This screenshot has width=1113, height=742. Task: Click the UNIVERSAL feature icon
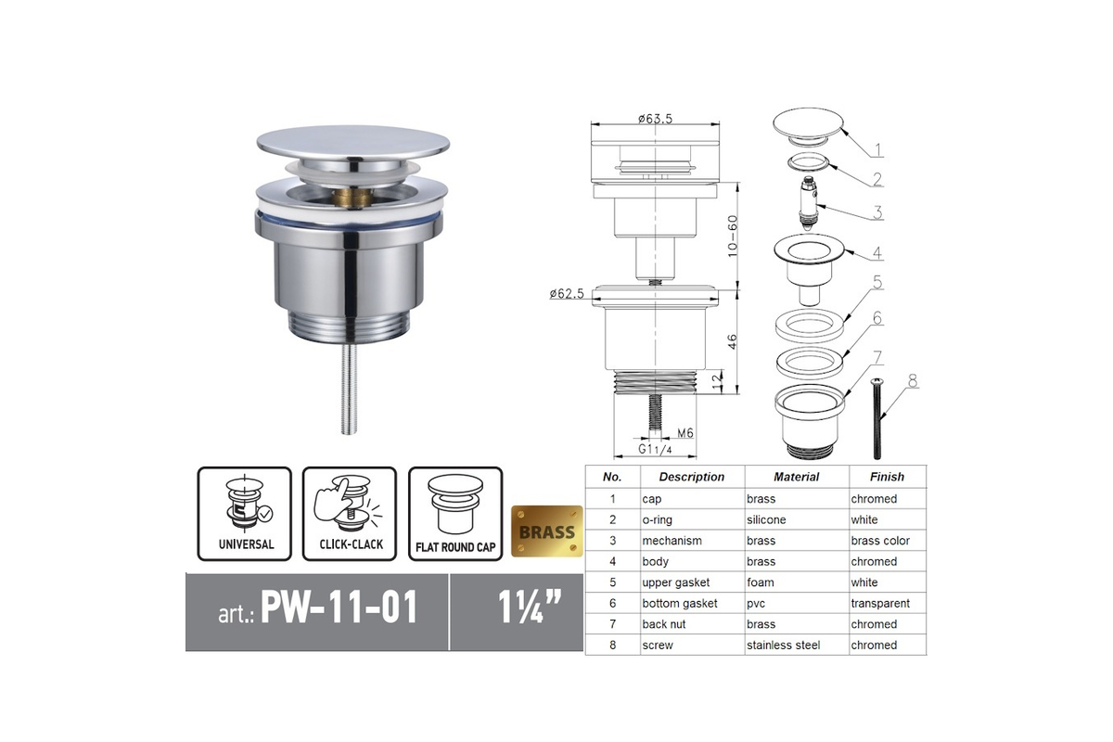[x=245, y=514]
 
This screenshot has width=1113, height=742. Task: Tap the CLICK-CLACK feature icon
[x=350, y=514]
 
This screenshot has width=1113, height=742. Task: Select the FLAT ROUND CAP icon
[x=455, y=514]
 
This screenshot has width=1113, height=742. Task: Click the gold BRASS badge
[x=546, y=531]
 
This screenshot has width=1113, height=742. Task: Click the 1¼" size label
[x=530, y=607]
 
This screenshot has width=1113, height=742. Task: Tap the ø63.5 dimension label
[x=655, y=119]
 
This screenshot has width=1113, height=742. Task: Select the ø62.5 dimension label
[x=567, y=294]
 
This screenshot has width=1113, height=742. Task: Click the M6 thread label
[x=685, y=433]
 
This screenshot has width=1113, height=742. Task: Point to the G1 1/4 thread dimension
[x=655, y=449]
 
